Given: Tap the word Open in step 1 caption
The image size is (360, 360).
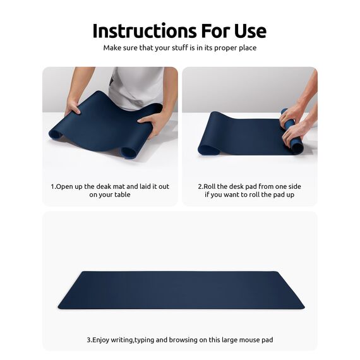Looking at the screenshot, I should click(x=64, y=187).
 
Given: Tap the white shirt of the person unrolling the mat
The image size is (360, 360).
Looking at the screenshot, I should click(x=136, y=85).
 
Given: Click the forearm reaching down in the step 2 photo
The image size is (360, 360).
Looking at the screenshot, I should click(x=306, y=95).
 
